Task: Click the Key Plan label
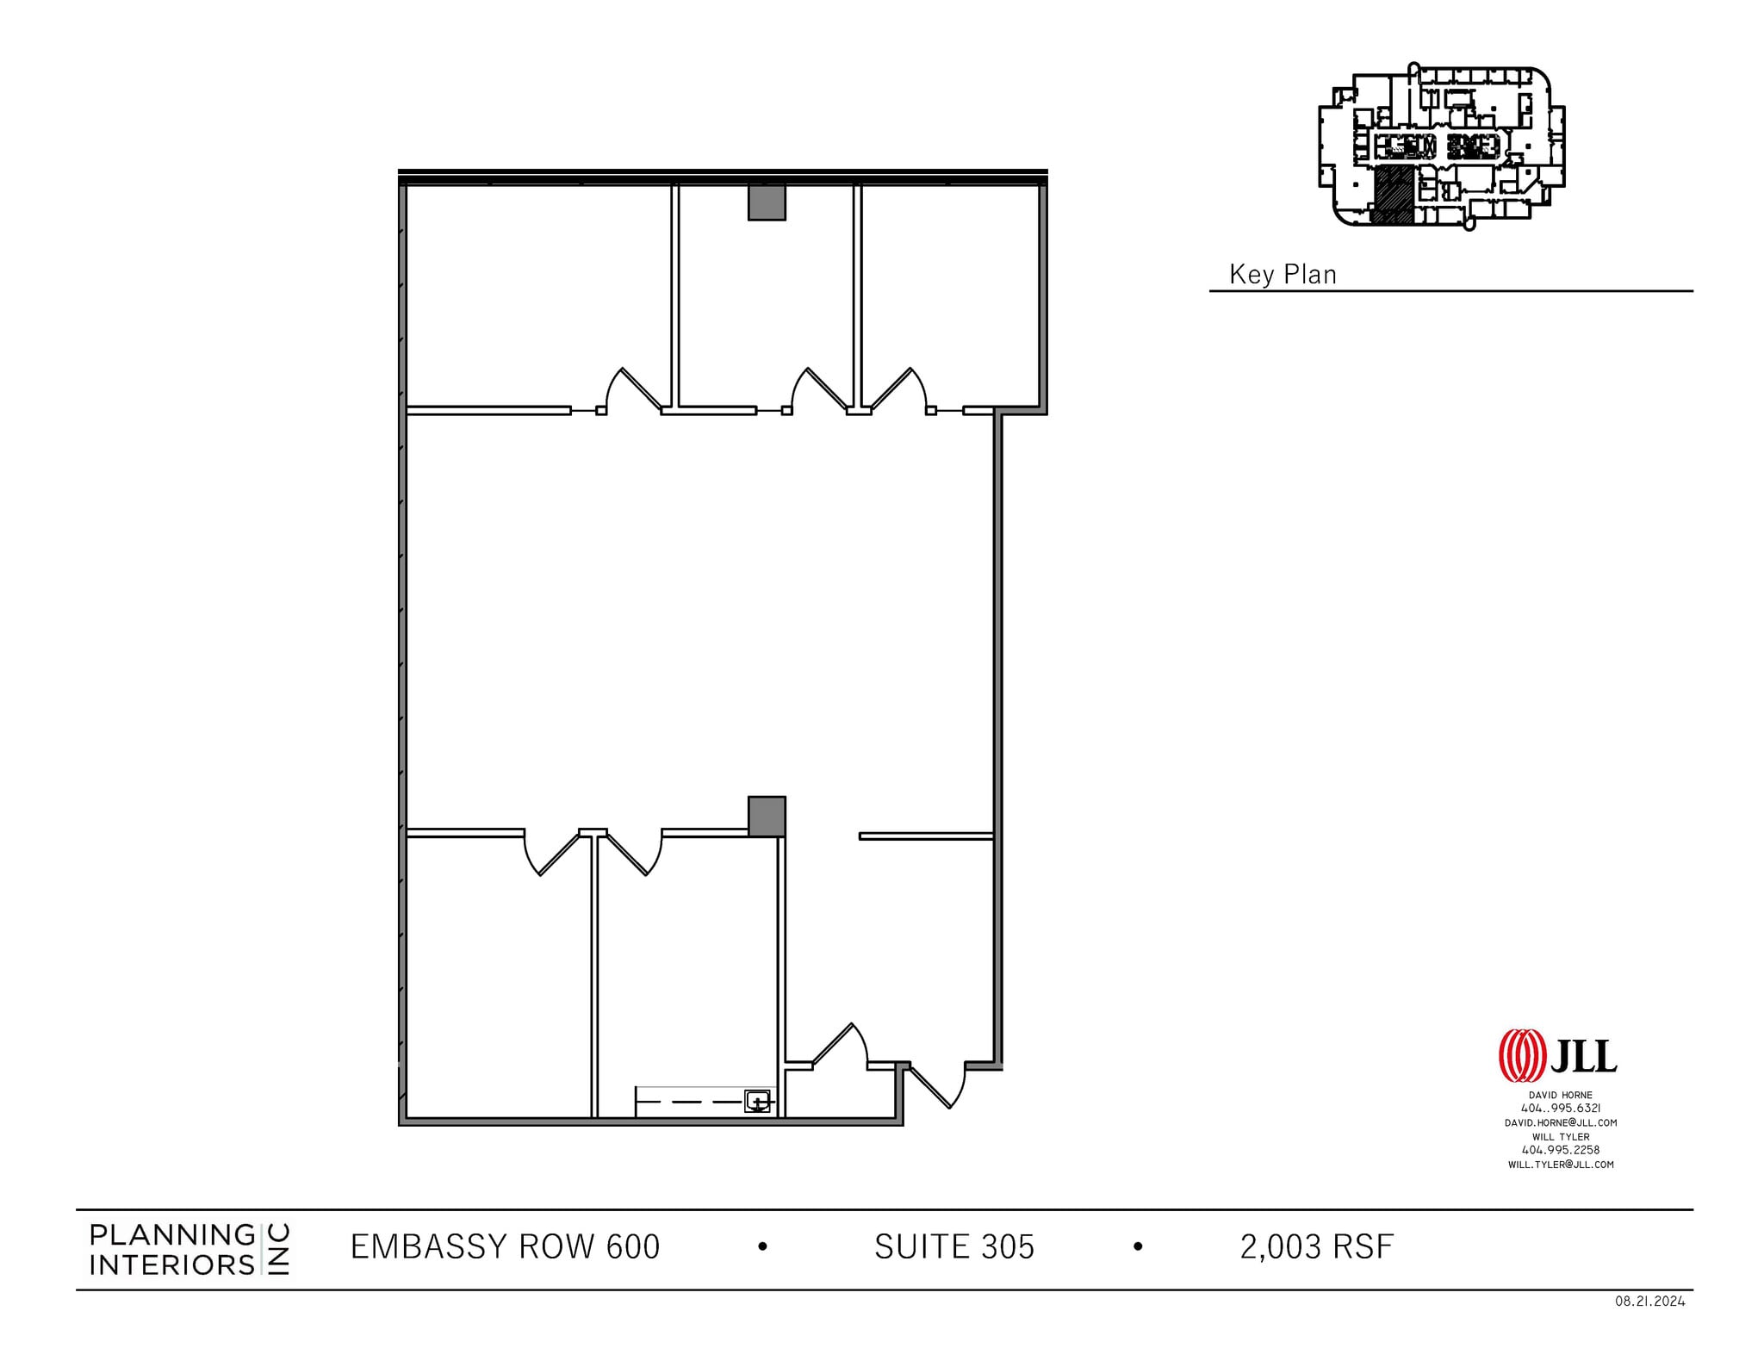click(x=1283, y=275)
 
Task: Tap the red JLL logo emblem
click(x=1523, y=1056)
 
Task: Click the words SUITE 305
click(x=953, y=1247)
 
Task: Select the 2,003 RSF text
click(x=1316, y=1247)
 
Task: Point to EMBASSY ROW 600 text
click(x=505, y=1247)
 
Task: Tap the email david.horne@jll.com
click(x=1560, y=1122)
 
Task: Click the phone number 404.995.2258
click(x=1560, y=1150)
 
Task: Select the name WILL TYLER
click(x=1560, y=1136)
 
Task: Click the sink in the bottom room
click(x=756, y=1101)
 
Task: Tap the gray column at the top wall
click(x=767, y=202)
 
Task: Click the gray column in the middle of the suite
click(x=767, y=816)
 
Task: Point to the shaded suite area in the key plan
click(x=1392, y=196)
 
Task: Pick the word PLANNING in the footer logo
click(x=172, y=1235)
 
